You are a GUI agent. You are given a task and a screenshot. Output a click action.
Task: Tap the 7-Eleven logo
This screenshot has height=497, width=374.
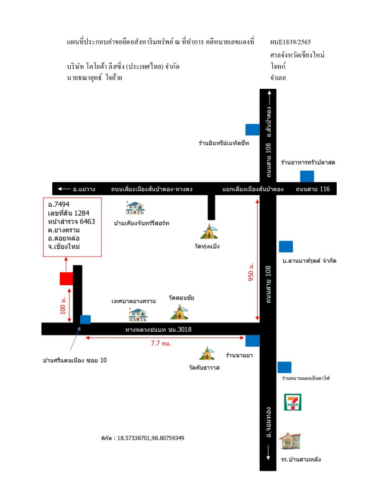coord(292,402)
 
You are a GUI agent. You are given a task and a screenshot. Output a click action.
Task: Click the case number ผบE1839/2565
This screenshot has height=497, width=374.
coord(291,42)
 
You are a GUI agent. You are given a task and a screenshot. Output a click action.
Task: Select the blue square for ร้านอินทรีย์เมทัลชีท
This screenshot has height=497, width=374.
coord(252,129)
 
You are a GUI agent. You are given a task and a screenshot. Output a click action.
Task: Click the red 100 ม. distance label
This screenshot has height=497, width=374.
coord(63,308)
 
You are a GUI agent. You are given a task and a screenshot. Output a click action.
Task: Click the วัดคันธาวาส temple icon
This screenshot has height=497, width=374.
coord(207,354)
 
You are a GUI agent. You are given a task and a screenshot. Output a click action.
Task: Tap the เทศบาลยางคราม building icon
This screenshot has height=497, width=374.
coord(137,314)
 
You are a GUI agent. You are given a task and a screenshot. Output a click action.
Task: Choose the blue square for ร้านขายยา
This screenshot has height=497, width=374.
coord(252,340)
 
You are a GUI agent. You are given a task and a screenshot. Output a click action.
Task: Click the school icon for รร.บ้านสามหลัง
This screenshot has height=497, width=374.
coord(289,442)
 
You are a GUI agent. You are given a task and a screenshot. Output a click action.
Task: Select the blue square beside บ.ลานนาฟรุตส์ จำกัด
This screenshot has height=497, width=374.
coord(285,246)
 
